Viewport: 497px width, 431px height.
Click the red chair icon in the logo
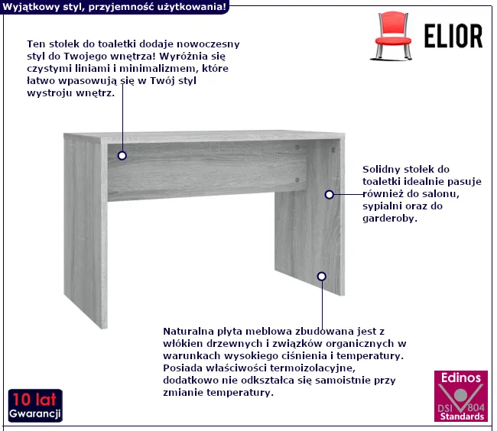(392, 35)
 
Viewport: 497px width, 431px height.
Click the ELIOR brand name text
(453, 36)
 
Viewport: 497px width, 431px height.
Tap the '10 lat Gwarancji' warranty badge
(35, 405)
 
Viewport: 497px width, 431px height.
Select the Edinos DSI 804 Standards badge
(461, 396)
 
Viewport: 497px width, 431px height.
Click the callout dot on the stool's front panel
(122, 155)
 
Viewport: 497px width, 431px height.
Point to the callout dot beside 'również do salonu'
(330, 194)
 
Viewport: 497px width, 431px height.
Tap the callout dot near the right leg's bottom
(322, 277)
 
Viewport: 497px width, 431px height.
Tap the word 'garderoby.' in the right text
(390, 219)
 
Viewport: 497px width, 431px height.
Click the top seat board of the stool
(204, 137)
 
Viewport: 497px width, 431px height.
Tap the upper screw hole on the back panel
(297, 147)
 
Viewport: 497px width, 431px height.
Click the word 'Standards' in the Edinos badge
(462, 416)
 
